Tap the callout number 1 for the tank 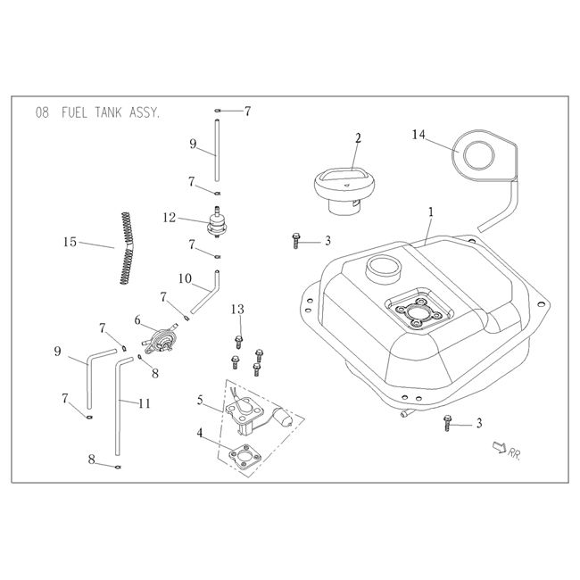pyautogui.click(x=430, y=213)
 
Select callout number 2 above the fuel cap pyautogui.click(x=358, y=138)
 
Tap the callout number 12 pyautogui.click(x=169, y=218)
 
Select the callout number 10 pyautogui.click(x=184, y=279)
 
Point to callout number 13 pyautogui.click(x=236, y=309)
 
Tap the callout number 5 pyautogui.click(x=201, y=401)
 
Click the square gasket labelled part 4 pyautogui.click(x=242, y=454)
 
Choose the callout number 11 pyautogui.click(x=144, y=404)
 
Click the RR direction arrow pyautogui.click(x=496, y=448)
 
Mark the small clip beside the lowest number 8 pyautogui.click(x=119, y=465)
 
